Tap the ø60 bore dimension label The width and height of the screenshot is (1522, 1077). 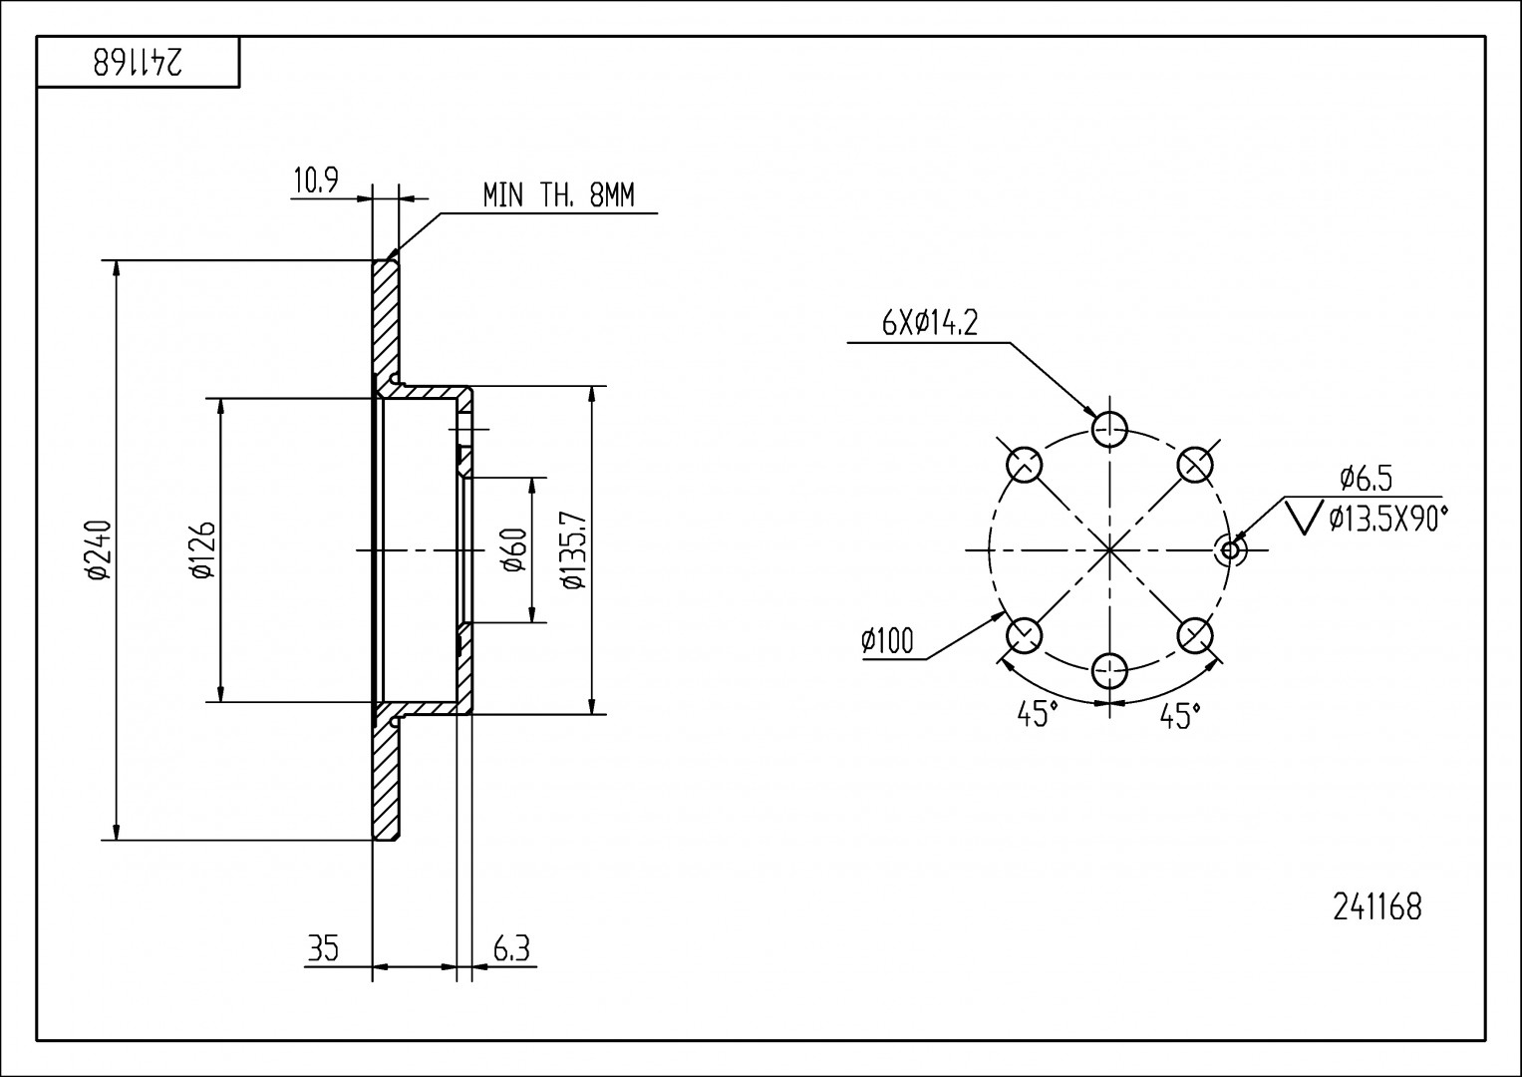pyautogui.click(x=514, y=550)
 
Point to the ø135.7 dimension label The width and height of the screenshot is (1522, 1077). pyautogui.click(x=572, y=550)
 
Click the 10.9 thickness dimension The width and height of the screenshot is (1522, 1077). pyautogui.click(x=316, y=181)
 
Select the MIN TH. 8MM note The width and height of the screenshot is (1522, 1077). pyautogui.click(x=558, y=195)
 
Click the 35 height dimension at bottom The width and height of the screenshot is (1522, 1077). pyautogui.click(x=323, y=949)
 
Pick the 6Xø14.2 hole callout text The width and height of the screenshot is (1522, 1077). pyautogui.click(x=930, y=322)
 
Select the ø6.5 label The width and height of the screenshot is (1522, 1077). pyautogui.click(x=1366, y=479)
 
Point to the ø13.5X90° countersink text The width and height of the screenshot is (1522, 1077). pyautogui.click(x=1387, y=518)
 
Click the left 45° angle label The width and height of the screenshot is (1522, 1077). pyautogui.click(x=1037, y=714)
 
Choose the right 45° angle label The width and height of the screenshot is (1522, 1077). pyautogui.click(x=1180, y=715)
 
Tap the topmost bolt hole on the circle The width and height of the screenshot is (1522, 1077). pyautogui.click(x=1109, y=430)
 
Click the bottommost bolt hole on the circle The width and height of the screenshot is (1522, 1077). pyautogui.click(x=1109, y=671)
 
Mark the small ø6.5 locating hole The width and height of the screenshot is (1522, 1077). pyautogui.click(x=1230, y=549)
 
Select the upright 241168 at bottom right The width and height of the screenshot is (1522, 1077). pyautogui.click(x=1376, y=907)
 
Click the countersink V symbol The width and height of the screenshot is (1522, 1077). pyautogui.click(x=1305, y=517)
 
